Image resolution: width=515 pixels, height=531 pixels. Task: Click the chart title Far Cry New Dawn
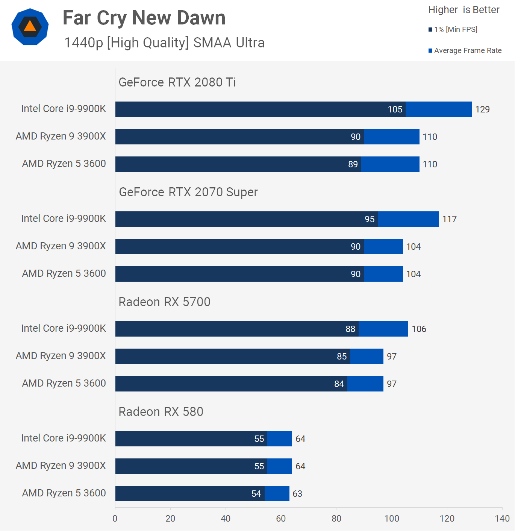coord(144,18)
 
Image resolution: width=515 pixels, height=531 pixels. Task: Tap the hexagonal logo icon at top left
coord(30,27)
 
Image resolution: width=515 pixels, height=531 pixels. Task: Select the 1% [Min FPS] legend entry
coord(453,29)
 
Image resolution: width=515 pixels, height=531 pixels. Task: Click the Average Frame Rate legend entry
coord(465,50)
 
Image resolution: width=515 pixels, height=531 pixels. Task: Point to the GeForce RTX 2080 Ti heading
coord(177,82)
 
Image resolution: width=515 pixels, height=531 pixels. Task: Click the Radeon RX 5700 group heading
coord(164,302)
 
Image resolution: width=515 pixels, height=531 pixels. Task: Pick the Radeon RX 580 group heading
coord(161,412)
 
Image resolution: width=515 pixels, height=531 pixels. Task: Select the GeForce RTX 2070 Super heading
coord(188,192)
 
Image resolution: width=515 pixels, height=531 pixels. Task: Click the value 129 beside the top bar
coord(482,109)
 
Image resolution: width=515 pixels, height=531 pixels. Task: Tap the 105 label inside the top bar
coord(395,109)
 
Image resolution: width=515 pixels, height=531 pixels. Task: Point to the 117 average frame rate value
coord(449,219)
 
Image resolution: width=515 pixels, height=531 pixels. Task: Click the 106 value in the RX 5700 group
coord(419,329)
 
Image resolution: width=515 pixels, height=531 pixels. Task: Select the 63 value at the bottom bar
coord(297,494)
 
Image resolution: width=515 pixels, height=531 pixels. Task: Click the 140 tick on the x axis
coord(502,519)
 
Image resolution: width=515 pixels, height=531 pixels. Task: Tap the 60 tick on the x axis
coord(281,519)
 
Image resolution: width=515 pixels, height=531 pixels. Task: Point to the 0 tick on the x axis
coord(115,519)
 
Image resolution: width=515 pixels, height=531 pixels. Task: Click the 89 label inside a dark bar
coord(353,164)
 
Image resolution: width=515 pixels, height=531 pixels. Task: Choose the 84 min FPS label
coord(339,384)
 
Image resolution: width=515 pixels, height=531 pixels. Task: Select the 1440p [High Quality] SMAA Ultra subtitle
coord(164,43)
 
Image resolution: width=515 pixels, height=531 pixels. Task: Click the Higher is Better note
coord(463,10)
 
